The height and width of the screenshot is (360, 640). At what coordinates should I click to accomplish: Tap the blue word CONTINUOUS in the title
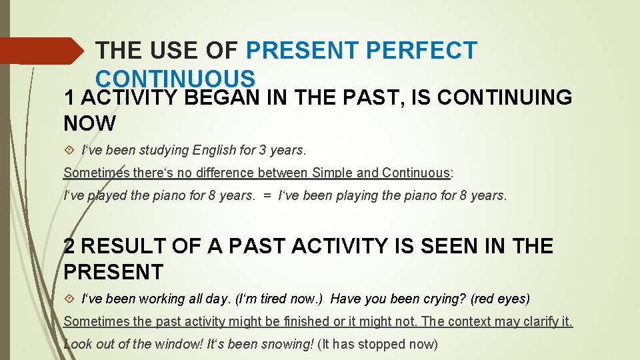point(175,78)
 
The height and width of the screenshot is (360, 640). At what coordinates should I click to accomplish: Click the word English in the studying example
point(213,150)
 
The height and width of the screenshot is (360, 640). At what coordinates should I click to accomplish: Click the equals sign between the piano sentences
point(267,196)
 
